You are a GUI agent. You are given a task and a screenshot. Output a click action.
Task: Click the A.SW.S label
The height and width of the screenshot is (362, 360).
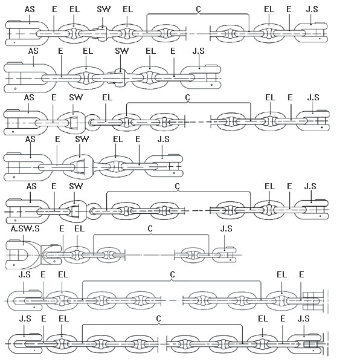coord(25,228)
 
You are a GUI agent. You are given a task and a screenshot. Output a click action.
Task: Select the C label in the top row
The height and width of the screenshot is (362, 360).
coord(199,9)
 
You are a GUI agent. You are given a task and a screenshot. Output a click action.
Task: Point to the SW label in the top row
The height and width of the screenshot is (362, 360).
coord(104,9)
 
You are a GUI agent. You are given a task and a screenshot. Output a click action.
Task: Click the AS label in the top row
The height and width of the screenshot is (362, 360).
coord(30,9)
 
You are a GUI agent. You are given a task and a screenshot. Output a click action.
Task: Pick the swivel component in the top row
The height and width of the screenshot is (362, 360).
coord(101,34)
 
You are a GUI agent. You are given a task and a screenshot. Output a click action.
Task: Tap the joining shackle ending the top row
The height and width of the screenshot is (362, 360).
coord(311,33)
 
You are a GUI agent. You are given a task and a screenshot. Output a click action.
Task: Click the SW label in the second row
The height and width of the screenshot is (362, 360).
coord(121,51)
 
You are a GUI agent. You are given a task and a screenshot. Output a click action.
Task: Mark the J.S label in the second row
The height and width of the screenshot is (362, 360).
coord(199,51)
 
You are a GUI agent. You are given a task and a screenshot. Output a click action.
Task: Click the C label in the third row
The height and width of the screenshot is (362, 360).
coord(188,97)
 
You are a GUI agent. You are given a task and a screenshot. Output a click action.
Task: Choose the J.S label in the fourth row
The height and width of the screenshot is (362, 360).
coord(163,139)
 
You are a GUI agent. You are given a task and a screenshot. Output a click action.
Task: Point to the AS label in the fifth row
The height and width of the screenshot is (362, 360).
coord(31,186)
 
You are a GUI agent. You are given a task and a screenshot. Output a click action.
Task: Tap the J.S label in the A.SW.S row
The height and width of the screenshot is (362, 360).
coord(226,228)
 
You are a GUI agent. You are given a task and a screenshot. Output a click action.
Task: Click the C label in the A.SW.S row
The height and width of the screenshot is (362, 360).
coord(150,228)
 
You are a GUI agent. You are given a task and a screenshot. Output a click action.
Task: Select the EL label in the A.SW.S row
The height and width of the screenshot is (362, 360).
coord(79,228)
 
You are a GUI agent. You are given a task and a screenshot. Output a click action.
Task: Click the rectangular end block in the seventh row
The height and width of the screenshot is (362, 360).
coord(313,301)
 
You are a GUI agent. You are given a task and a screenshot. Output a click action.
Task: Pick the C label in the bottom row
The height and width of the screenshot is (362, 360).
coord(158,318)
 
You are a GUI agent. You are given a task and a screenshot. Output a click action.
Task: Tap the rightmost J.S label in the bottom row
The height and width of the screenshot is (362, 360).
coord(303,318)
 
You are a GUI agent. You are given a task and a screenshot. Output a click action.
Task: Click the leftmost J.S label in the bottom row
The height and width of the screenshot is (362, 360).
coord(25,318)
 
